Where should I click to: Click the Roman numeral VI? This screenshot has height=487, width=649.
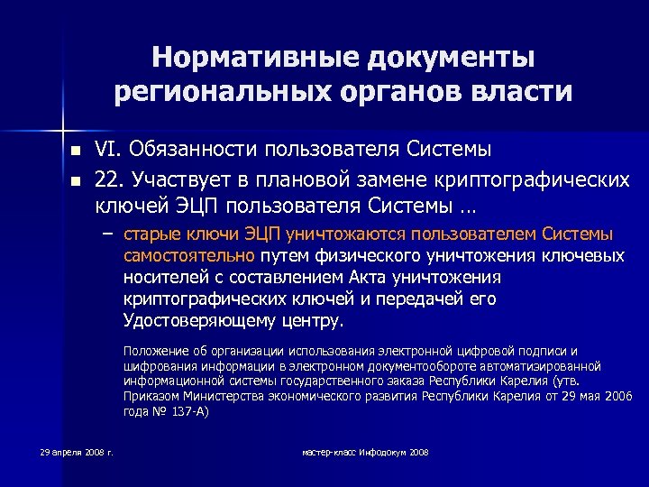click(x=109, y=148)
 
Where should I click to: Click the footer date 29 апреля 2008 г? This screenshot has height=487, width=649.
click(x=77, y=451)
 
